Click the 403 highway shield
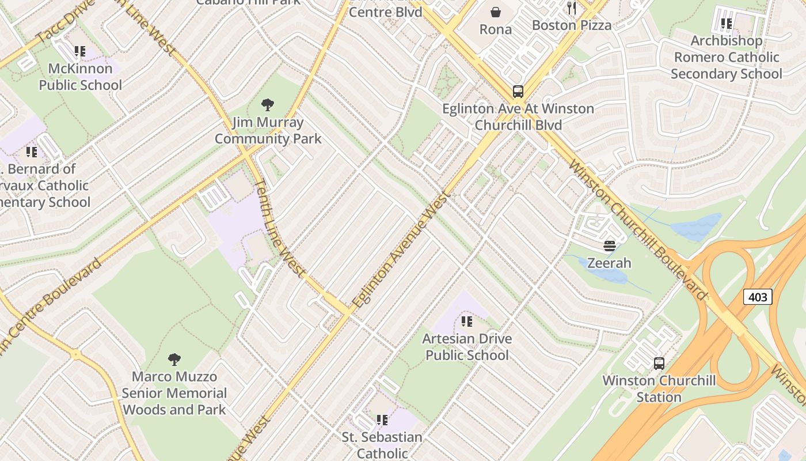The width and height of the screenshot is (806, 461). click(758, 297)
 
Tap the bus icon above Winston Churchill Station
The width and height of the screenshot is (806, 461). click(659, 364)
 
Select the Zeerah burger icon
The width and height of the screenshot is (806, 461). click(610, 247)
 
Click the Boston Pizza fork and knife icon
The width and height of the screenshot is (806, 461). click(572, 7)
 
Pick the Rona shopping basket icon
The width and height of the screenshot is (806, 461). click(495, 12)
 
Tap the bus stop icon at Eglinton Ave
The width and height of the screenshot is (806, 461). click(518, 92)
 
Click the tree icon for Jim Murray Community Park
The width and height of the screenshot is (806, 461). click(267, 105)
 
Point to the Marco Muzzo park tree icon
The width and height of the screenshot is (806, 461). click(174, 360)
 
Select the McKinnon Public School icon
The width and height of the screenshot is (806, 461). click(79, 52)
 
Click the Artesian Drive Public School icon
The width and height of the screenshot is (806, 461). click(467, 322)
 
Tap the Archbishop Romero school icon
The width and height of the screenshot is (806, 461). click(727, 24)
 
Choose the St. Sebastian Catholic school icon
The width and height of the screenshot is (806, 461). click(382, 421)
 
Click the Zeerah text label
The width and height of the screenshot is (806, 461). click(609, 263)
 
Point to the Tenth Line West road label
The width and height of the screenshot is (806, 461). click(279, 228)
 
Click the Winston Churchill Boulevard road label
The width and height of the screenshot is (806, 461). click(636, 229)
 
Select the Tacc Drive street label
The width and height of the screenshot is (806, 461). click(58, 26)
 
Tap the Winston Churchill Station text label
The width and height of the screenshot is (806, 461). click(659, 389)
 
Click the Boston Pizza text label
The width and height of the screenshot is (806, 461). click(571, 25)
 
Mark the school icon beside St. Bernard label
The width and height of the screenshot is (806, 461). click(31, 152)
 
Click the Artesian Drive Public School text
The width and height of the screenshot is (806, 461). click(467, 346)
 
